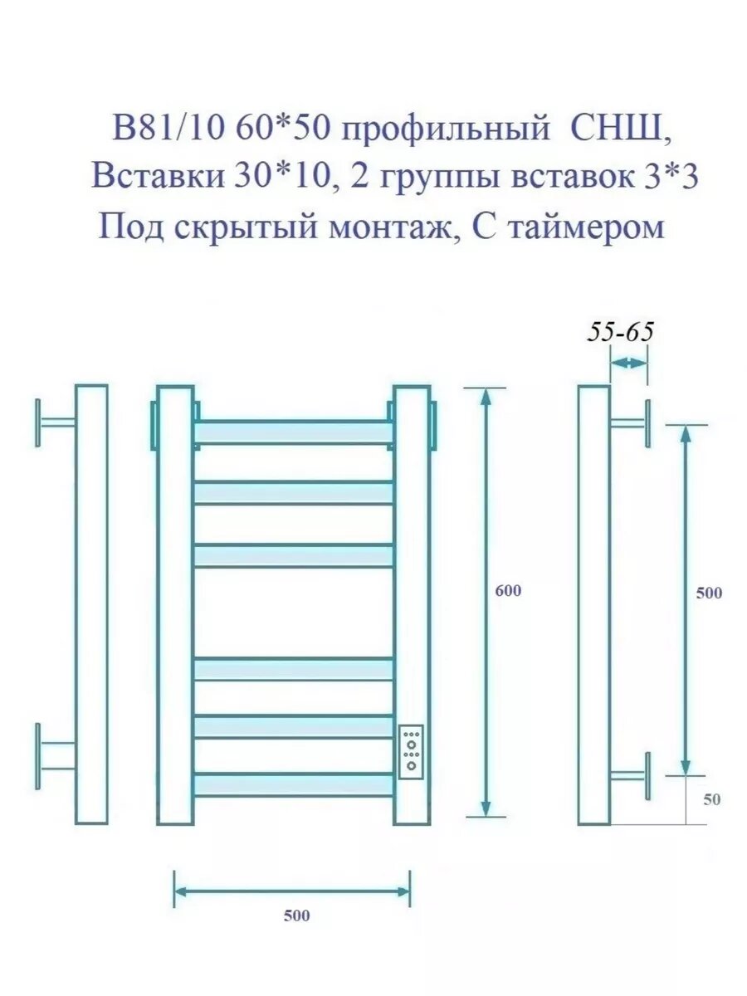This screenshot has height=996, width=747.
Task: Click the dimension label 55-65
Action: coord(621,332)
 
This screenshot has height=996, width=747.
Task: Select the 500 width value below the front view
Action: coord(296,916)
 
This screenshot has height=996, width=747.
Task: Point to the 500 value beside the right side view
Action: coord(709,593)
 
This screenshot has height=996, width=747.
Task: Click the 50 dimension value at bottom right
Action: coord(711,800)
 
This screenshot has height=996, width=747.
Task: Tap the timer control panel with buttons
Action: coord(412,752)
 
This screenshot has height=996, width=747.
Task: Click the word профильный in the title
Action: coord(444,130)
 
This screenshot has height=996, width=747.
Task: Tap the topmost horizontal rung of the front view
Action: coord(294,432)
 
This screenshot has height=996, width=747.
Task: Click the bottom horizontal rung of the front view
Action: coord(294,785)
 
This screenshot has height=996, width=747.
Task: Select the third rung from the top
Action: coord(294,555)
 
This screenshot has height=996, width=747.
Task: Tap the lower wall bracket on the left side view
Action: coord(55,756)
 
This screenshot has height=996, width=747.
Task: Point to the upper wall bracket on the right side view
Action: coord(630,422)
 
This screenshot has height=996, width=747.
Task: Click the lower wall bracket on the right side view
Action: coord(630,775)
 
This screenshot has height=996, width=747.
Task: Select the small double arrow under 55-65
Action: coord(629,363)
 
